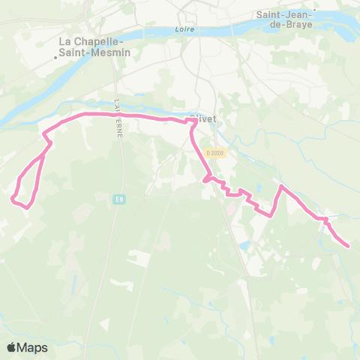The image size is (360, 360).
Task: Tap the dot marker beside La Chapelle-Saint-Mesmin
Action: (55, 55)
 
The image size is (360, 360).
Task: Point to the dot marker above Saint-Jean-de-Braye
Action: (316, 10)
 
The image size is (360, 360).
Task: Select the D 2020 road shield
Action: (215, 153)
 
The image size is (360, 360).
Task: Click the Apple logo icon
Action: (12, 347)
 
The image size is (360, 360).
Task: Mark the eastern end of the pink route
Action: (348, 245)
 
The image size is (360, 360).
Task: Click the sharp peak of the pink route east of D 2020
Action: (280, 186)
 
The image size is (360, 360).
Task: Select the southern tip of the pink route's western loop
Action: (28, 207)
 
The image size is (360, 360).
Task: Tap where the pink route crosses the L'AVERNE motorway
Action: (116, 115)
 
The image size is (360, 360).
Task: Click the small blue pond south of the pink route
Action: (244, 244)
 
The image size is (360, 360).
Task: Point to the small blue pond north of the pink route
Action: (259, 189)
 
